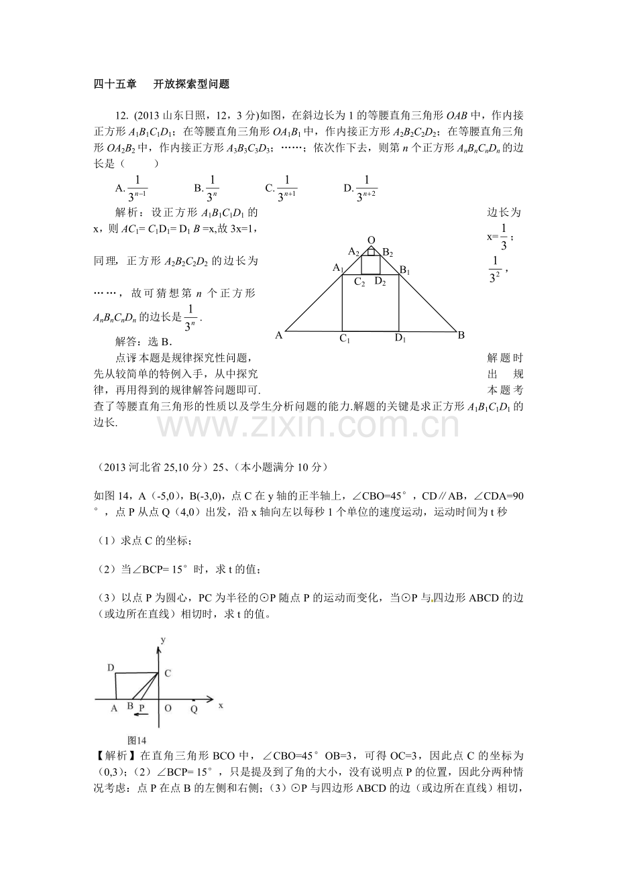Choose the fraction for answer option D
coord(366,188)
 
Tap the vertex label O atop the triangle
coord(372,240)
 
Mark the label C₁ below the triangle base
coord(345,339)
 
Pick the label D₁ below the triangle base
coord(400,339)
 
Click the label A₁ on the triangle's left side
coord(337,268)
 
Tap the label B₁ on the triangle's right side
coord(405,270)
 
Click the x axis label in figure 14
coord(220,705)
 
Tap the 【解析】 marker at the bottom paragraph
coord(111,756)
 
